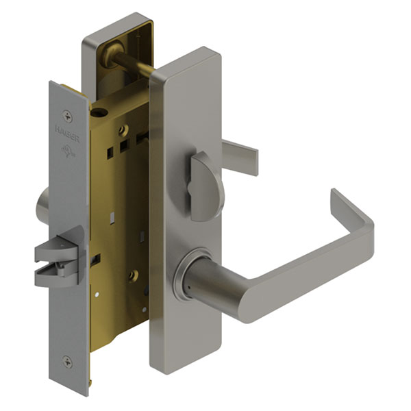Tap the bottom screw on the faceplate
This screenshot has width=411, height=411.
[x=67, y=362]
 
